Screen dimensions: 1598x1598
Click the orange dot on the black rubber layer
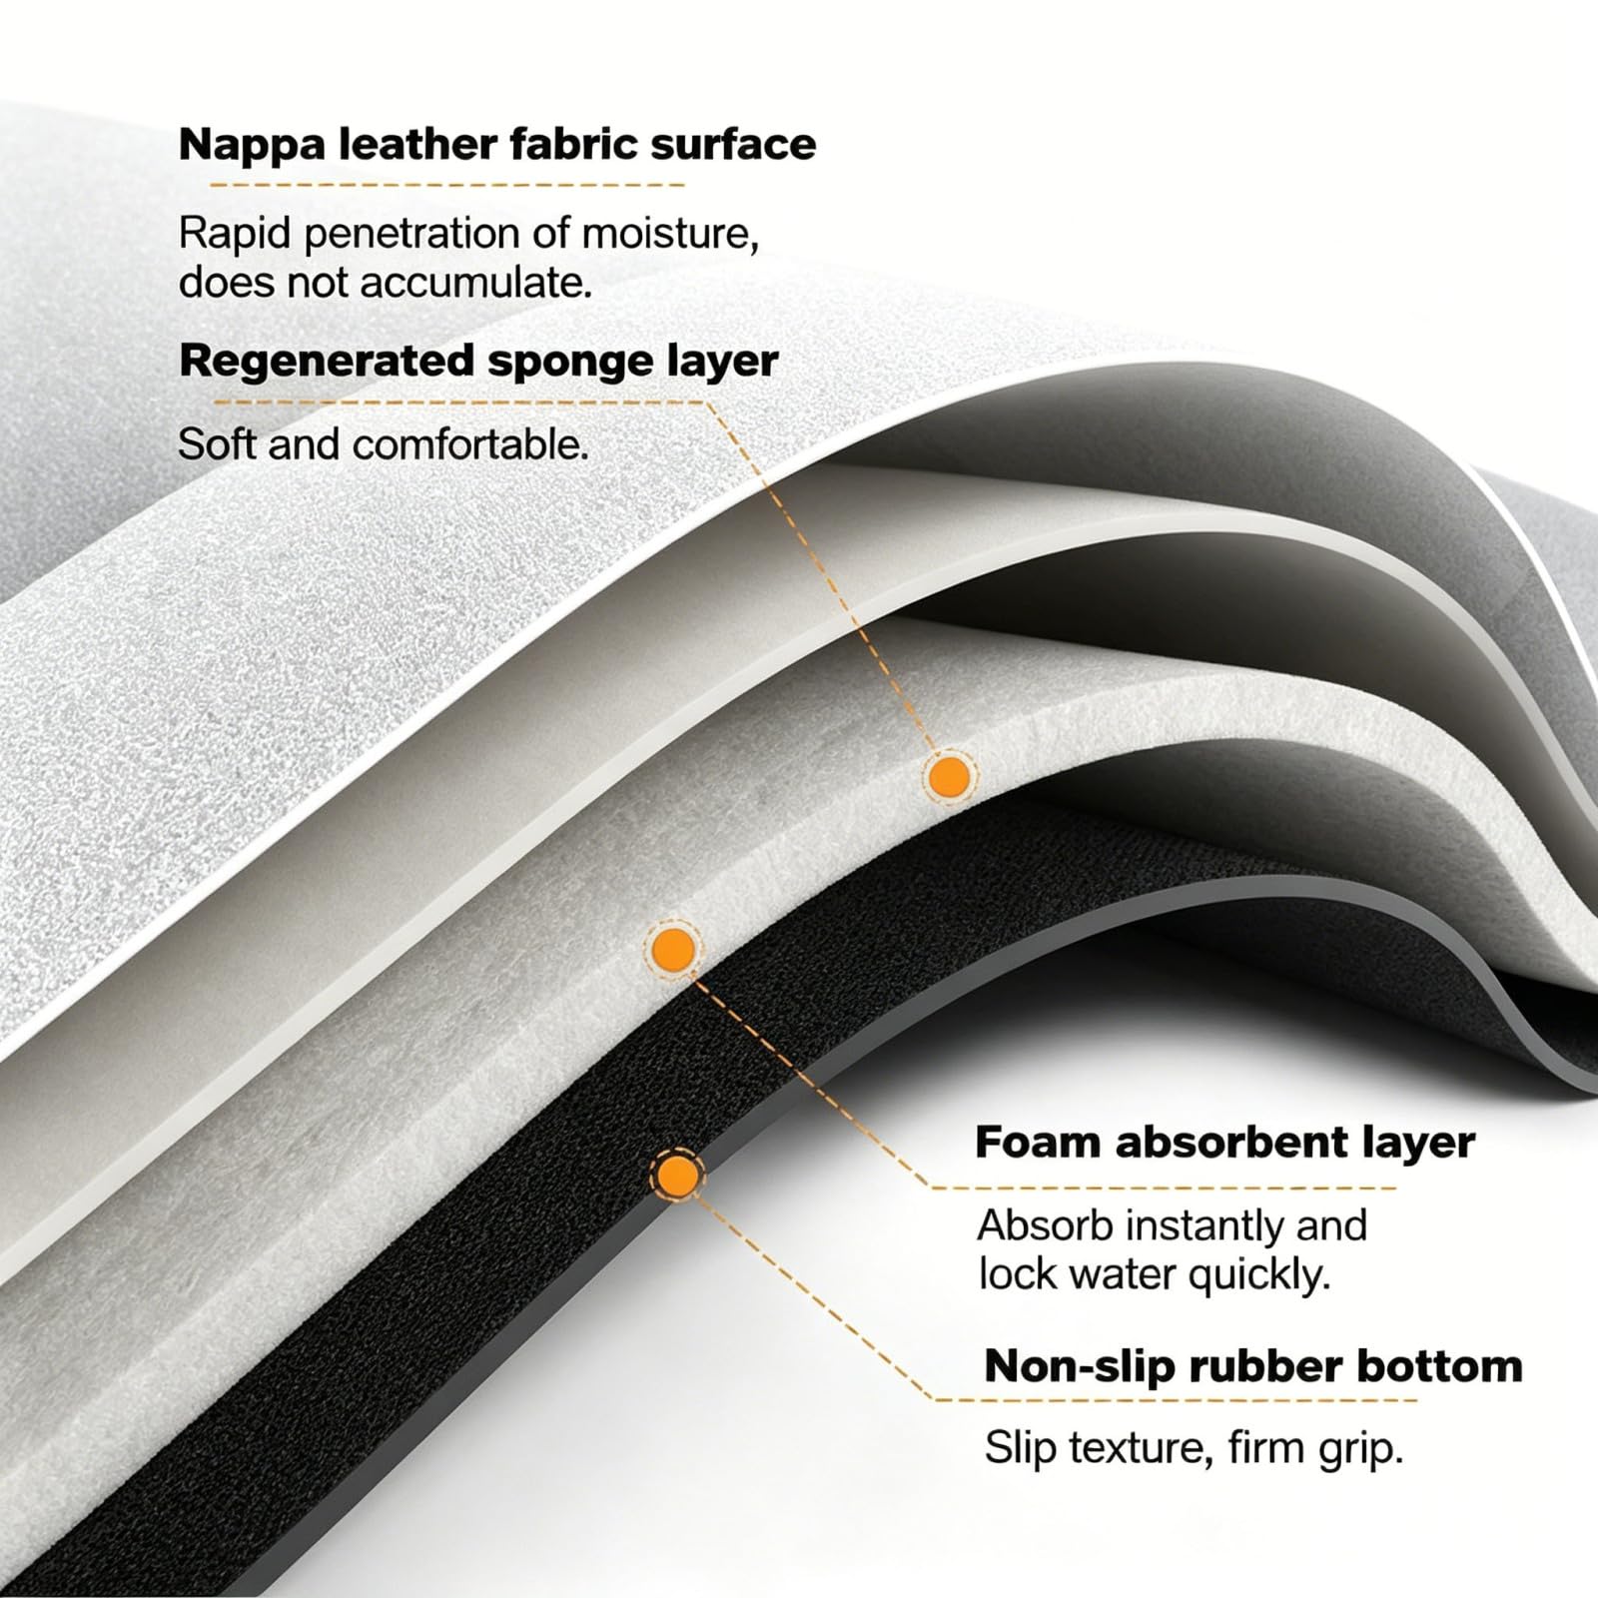click(677, 1175)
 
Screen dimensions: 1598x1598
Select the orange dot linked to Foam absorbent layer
click(672, 949)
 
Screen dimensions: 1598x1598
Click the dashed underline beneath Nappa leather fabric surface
click(446, 185)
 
